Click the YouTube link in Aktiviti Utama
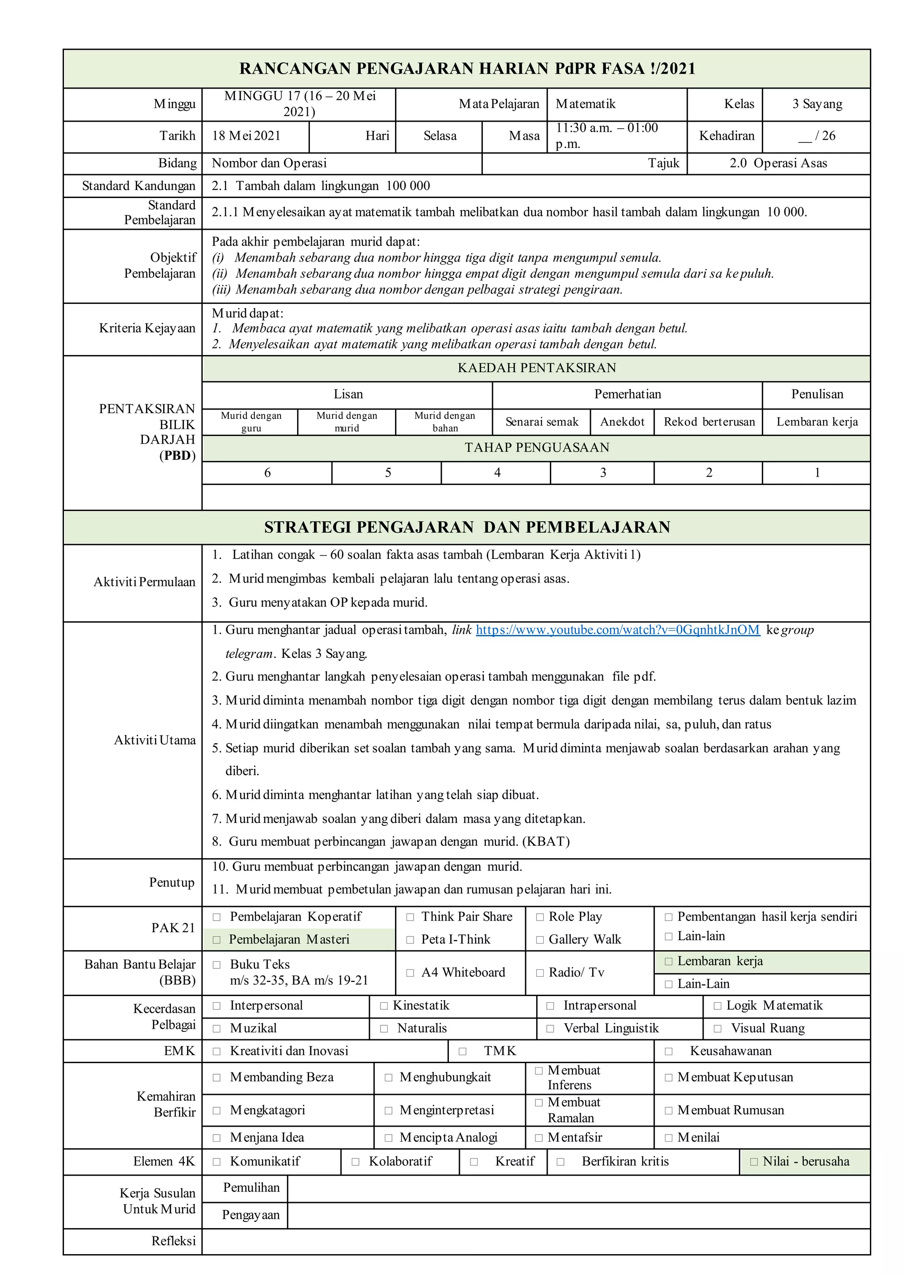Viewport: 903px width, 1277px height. tap(617, 630)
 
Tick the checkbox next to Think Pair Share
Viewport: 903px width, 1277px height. tap(410, 917)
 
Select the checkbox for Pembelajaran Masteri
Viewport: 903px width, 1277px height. tap(217, 940)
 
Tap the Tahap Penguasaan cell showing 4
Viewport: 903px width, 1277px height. tap(496, 473)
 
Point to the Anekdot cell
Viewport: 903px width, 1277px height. tap(622, 422)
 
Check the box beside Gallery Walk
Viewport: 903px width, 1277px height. tap(539, 940)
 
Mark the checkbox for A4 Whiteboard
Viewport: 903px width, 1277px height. tap(410, 973)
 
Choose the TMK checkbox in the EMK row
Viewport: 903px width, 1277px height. tap(463, 1051)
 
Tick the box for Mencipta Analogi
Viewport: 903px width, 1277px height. tap(388, 1138)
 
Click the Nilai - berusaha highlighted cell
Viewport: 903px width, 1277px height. tap(805, 1162)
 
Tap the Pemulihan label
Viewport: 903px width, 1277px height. tap(251, 1188)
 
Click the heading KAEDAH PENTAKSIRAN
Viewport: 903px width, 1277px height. tap(536, 368)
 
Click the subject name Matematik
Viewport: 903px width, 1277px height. tap(586, 104)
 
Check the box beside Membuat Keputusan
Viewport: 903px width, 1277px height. tap(668, 1078)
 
